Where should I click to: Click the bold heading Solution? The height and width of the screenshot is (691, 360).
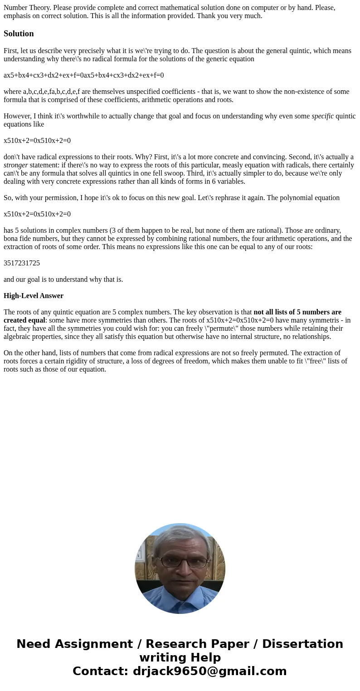tap(19, 34)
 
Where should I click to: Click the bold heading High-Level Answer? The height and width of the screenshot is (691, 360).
tap(34, 296)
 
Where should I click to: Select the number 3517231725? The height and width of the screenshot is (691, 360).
tap(22, 263)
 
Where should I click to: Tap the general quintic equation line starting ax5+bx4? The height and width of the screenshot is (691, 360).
tap(83, 75)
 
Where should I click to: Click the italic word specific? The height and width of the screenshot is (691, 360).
tap(322, 116)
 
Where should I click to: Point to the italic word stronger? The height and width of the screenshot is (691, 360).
tap(16, 165)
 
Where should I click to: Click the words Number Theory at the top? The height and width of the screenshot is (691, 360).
tap(27, 8)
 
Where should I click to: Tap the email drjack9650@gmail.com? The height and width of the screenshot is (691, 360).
tap(209, 671)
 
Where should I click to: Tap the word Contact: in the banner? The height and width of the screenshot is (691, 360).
tap(100, 671)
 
